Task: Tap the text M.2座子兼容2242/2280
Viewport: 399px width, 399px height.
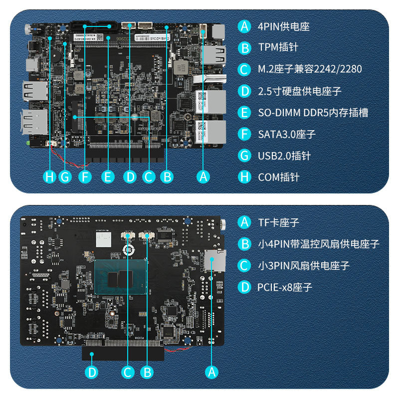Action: [310, 69]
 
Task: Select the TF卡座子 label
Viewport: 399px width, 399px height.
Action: [278, 222]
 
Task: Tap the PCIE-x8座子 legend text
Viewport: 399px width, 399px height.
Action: [285, 287]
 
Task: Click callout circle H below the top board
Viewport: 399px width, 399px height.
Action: [49, 176]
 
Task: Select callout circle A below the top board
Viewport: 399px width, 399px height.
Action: [202, 176]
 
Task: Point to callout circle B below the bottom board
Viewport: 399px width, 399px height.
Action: [147, 372]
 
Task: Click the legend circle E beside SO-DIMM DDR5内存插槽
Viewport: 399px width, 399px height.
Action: [244, 113]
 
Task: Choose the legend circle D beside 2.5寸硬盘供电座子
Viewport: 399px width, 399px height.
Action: [244, 91]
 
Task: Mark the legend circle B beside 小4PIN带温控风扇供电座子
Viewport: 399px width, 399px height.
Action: [244, 244]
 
